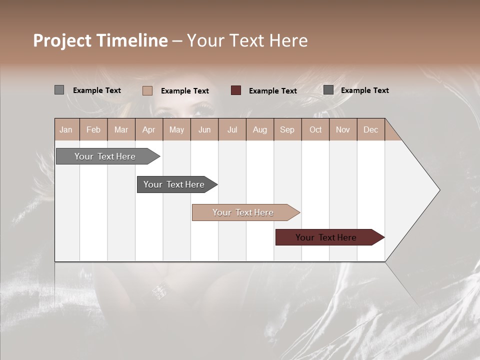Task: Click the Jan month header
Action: (x=66, y=129)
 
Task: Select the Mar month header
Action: (x=121, y=129)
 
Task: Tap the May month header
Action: (x=176, y=129)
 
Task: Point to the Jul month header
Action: (x=232, y=129)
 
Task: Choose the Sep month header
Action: (x=287, y=129)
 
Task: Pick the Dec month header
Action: (x=370, y=129)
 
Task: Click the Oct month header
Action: (x=315, y=129)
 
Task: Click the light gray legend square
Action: (x=59, y=90)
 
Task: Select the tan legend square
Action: (x=147, y=90)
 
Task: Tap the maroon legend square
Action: (x=236, y=90)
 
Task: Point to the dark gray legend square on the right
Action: (x=328, y=90)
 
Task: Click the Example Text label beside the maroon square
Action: (x=272, y=91)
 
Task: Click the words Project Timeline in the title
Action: (x=100, y=40)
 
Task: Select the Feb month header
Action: (x=93, y=129)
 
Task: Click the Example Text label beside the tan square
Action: (x=184, y=91)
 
